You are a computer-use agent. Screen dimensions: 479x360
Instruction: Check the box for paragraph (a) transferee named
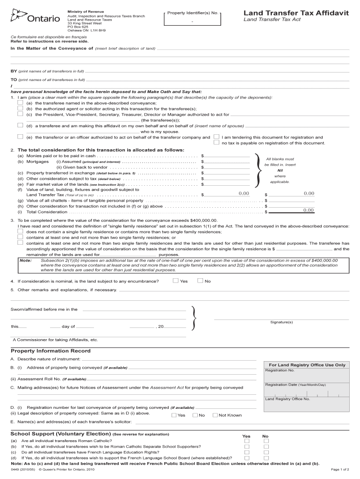tap(20, 102)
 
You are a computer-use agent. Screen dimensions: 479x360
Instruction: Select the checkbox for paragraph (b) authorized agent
tap(20, 108)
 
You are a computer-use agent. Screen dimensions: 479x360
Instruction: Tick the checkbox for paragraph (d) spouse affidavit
tap(20, 125)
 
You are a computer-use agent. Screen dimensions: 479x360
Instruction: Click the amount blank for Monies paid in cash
tap(226, 155)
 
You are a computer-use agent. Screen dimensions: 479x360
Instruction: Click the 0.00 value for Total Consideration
tap(308, 210)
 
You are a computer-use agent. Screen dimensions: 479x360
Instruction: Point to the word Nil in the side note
tap(280, 170)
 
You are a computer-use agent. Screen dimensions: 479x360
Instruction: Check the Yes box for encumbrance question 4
tap(175, 281)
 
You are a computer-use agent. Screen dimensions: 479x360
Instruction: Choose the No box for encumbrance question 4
tap(200, 281)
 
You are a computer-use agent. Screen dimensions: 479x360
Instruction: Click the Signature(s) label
tap(281, 322)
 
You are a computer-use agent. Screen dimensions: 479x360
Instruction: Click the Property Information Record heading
tap(50, 351)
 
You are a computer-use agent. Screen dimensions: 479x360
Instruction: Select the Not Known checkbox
tap(215, 415)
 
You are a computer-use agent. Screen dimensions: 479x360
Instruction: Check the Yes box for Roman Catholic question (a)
tap(247, 441)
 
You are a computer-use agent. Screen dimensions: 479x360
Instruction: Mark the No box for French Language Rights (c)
tap(266, 452)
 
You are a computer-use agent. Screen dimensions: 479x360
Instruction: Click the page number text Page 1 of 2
tap(340, 469)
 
